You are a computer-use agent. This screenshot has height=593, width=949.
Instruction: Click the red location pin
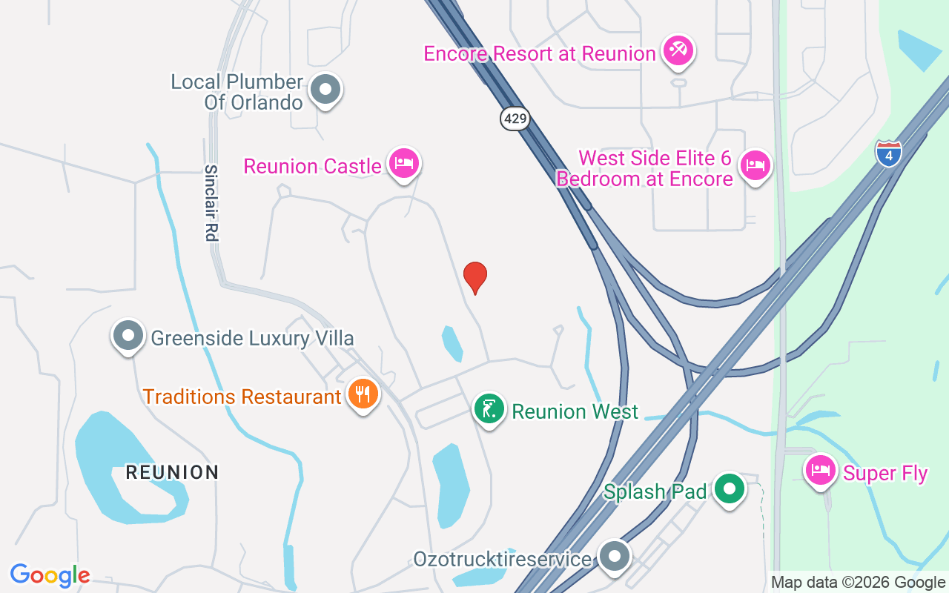[475, 277]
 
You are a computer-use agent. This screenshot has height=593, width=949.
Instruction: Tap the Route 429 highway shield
[515, 118]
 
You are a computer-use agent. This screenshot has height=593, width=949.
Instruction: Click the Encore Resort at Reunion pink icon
[678, 50]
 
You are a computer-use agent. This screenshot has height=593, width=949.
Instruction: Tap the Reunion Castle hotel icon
[403, 163]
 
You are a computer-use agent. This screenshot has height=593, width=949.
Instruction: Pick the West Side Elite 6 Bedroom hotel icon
[755, 166]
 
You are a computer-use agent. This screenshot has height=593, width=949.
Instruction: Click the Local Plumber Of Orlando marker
[325, 90]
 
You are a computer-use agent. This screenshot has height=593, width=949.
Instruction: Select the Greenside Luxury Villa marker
[128, 336]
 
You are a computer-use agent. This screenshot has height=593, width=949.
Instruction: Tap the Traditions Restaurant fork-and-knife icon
[363, 394]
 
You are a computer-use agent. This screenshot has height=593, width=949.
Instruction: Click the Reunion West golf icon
[489, 409]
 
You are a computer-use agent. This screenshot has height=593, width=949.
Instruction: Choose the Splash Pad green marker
[730, 489]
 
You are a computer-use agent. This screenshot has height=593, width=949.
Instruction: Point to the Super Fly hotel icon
[821, 470]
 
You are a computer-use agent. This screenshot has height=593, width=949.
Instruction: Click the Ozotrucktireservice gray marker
[615, 557]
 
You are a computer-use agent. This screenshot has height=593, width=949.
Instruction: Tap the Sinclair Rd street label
[211, 203]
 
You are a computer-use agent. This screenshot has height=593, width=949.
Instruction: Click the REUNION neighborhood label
[172, 472]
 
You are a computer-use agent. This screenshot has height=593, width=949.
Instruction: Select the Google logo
[50, 575]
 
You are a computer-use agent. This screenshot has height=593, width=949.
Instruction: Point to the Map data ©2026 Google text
[857, 583]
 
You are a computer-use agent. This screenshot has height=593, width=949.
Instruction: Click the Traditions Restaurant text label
[242, 397]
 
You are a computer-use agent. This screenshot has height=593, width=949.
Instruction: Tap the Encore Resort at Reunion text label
[540, 53]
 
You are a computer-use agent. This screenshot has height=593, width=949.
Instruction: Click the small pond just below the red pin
[452, 343]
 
